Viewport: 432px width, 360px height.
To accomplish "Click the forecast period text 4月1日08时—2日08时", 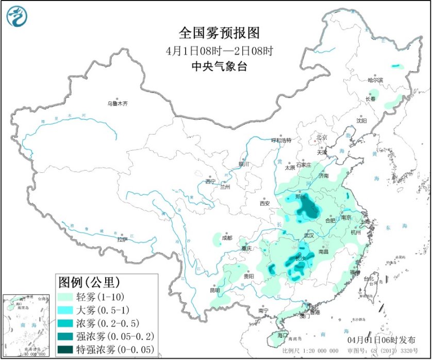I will point(219,51).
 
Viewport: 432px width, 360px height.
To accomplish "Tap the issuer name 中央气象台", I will point(219,67).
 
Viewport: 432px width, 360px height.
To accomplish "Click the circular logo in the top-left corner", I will point(16,17).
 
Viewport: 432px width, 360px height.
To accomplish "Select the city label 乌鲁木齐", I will point(117,104).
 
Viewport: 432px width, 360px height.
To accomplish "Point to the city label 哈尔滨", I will point(375,80).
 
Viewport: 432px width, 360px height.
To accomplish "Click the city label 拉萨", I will point(122,239).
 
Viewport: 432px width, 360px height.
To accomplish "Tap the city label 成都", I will point(227,238).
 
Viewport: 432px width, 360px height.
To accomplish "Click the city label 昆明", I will point(214,290).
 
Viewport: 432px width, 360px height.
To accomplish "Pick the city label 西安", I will point(264,203).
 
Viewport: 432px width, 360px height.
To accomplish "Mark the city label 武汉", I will point(309,235).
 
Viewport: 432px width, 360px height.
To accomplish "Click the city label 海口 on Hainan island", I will point(281,335).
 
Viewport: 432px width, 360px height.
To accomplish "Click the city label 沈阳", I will point(361,121).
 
